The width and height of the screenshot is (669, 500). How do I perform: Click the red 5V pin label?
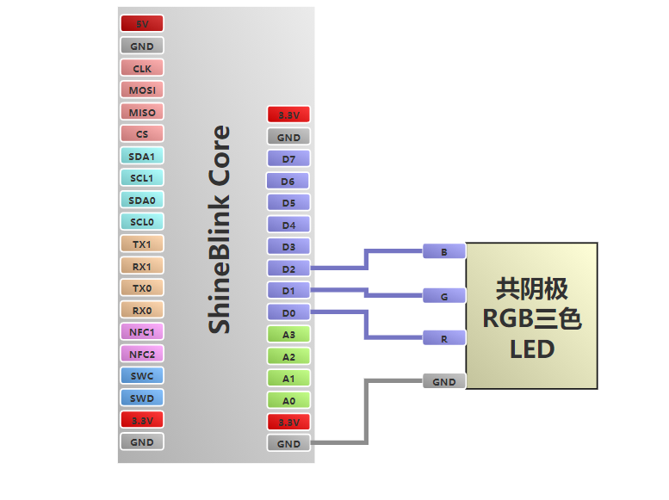pos(142,24)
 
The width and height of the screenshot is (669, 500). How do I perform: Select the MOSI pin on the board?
pos(142,90)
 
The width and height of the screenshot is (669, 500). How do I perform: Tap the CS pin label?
pos(142,134)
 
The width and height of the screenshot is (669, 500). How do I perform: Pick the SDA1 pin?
pos(142,157)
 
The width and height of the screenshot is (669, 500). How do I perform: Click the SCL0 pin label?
pos(142,222)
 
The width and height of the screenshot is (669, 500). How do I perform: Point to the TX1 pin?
pos(142,244)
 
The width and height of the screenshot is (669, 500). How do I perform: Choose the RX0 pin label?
pos(142,310)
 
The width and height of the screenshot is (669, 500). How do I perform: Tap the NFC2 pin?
pos(142,354)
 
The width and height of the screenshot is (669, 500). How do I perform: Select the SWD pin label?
pos(142,398)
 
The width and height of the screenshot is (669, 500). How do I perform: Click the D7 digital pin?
pos(288,159)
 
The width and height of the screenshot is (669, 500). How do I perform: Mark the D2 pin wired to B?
pos(288,269)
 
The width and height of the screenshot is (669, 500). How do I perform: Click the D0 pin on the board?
pos(288,312)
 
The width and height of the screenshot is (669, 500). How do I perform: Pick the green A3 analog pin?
pos(288,335)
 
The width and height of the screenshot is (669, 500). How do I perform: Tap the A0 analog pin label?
pos(288,400)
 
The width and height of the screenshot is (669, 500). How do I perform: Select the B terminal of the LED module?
pos(444,251)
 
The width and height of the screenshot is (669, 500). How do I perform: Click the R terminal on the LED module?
pos(444,338)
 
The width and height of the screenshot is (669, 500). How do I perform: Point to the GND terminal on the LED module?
pos(444,381)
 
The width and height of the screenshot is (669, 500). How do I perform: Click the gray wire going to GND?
pos(368,413)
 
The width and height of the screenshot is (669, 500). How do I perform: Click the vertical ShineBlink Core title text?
pos(220,230)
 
